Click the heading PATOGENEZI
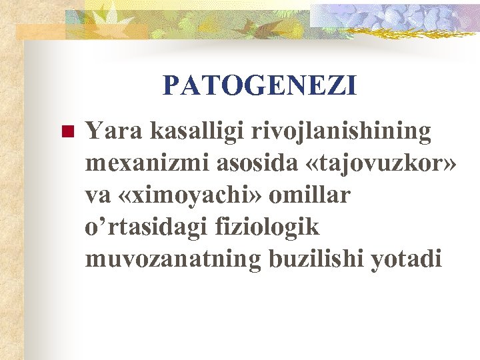coord(259,85)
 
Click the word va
coord(99,195)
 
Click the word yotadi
coord(409,259)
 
